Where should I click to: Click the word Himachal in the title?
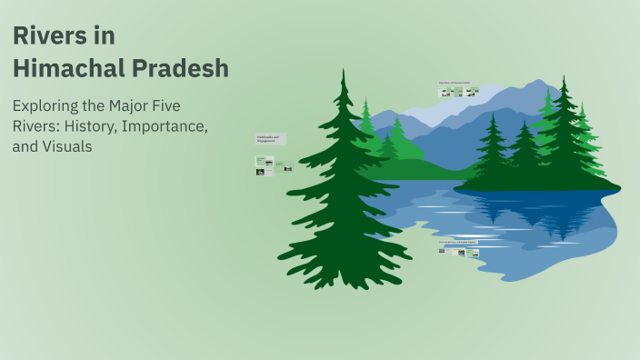click(66, 68)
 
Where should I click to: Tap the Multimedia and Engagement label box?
click(271, 139)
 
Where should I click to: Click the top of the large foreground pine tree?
click(344, 73)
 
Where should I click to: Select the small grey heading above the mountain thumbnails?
click(459, 83)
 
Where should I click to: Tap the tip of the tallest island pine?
click(565, 79)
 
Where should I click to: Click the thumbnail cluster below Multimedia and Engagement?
click(273, 165)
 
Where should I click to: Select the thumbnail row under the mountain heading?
click(459, 92)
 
